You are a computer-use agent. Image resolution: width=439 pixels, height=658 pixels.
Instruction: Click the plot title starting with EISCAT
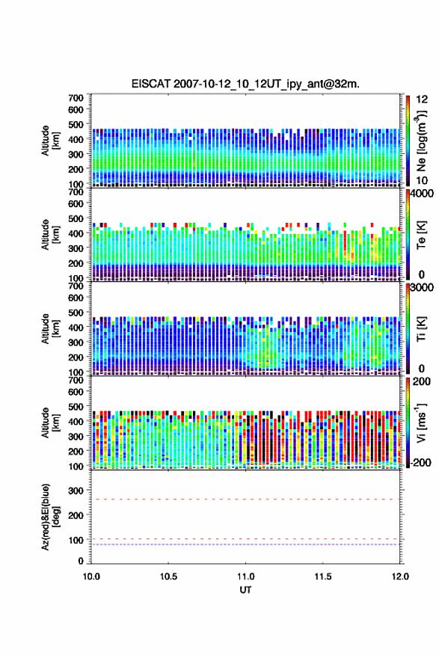[245, 84]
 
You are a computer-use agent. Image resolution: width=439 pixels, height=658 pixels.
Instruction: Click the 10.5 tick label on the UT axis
[168, 576]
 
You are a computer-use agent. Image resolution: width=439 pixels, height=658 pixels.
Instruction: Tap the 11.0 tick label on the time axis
[245, 576]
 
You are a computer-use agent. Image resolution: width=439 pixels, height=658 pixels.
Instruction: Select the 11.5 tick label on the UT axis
[323, 576]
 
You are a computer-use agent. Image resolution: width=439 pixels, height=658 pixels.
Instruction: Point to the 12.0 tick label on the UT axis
[400, 576]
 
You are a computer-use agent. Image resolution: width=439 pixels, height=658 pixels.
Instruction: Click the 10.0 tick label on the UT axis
[91, 576]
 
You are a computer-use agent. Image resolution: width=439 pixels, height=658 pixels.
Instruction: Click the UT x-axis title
[245, 590]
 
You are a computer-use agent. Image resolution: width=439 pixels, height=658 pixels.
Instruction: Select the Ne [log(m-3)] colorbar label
[421, 141]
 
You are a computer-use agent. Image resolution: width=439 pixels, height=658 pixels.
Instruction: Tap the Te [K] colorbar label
[421, 235]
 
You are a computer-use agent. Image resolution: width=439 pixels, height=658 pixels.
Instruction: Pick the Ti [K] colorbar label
[421, 329]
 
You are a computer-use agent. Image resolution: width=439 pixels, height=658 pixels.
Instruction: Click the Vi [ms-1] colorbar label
[421, 423]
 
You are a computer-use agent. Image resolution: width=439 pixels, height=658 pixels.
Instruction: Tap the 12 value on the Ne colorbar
[422, 99]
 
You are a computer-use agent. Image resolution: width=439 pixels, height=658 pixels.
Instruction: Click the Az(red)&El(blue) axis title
[49, 517]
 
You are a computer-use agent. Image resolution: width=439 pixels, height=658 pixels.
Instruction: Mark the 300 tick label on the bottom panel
[76, 491]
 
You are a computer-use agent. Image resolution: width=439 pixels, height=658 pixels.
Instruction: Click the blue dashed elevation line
[245, 544]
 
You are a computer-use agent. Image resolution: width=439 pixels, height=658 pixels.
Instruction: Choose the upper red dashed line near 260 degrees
[245, 499]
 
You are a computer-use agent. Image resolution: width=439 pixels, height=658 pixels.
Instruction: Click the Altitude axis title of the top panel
[50, 141]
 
